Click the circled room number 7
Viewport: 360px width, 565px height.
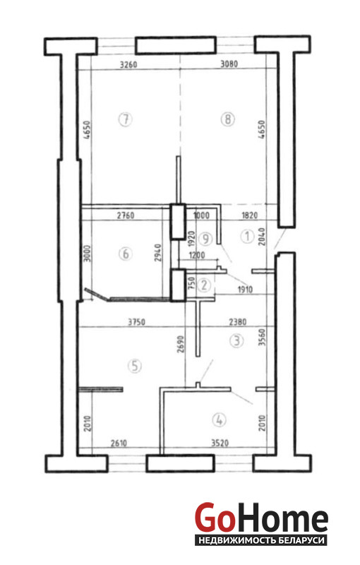tap(125, 119)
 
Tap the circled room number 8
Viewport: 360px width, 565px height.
tap(227, 119)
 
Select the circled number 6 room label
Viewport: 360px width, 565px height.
tap(125, 254)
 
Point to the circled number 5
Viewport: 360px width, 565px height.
tap(135, 366)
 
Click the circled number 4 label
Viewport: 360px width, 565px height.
tap(220, 420)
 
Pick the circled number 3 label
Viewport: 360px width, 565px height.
tap(236, 340)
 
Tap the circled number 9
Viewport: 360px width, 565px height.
tap(206, 238)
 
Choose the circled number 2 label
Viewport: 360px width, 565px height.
tap(204, 285)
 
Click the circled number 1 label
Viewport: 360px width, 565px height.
tap(247, 237)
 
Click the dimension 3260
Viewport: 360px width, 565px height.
tap(128, 65)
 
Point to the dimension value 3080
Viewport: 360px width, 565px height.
tap(229, 64)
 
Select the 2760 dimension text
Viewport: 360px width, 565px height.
tap(126, 215)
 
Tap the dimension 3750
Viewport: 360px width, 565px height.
tap(137, 322)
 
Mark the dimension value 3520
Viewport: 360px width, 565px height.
tap(220, 443)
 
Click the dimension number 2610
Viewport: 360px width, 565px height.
tap(119, 443)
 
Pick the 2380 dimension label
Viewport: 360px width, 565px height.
tap(238, 321)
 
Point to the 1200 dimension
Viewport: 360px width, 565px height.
tap(197, 256)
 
